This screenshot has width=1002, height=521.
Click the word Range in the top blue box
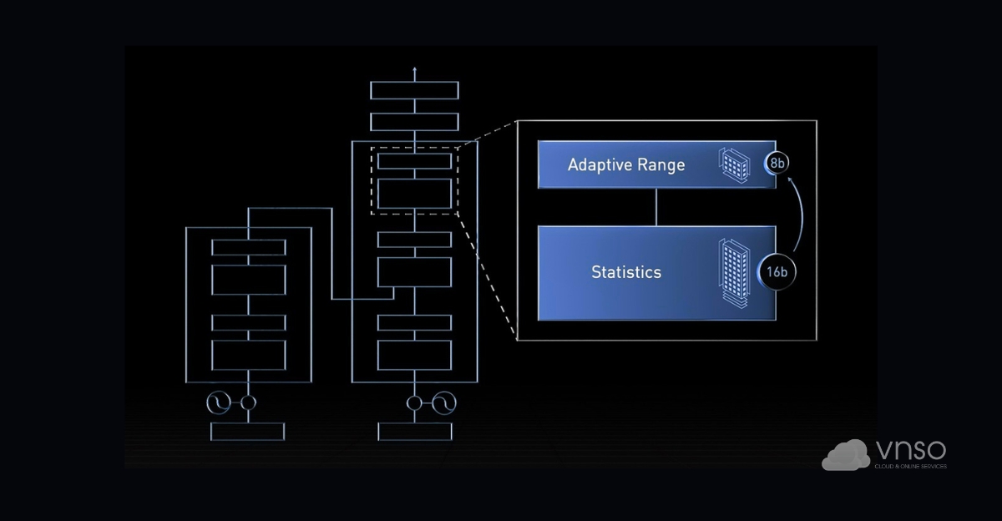coord(660,164)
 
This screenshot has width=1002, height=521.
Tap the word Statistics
coord(626,272)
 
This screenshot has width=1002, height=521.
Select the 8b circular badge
coord(777,164)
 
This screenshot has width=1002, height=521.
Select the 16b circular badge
coord(777,272)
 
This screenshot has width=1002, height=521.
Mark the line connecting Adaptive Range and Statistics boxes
coord(656,207)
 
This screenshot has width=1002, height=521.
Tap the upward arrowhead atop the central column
coord(415,70)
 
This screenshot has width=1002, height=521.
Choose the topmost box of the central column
coord(415,91)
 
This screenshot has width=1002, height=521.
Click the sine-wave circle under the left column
coord(219,403)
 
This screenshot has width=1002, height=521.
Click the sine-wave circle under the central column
coord(444,404)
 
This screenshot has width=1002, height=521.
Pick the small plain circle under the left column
coord(248,403)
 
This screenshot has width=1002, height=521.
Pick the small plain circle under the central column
coord(415,404)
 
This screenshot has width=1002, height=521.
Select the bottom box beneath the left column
coord(248,431)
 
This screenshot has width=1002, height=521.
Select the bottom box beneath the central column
coord(415,431)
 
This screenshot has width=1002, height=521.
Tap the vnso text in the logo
coord(911,451)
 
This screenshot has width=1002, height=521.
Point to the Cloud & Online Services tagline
coord(910,467)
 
